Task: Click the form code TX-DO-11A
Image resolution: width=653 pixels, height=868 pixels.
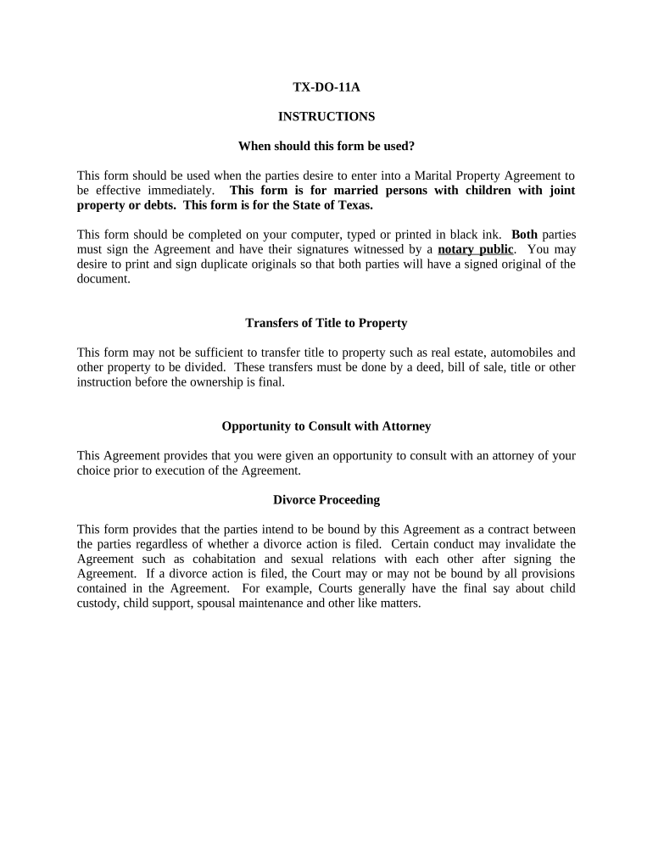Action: coord(326,86)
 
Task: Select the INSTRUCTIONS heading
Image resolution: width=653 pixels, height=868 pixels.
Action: coord(326,116)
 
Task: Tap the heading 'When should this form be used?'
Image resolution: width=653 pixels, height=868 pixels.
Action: coord(326,146)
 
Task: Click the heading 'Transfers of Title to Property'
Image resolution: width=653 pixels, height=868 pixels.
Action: coord(326,323)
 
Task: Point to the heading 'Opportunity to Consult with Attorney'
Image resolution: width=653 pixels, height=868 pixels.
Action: coord(326,426)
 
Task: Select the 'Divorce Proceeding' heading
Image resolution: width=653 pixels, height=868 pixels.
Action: coord(326,500)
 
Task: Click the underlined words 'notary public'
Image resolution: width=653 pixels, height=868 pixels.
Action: coord(475,249)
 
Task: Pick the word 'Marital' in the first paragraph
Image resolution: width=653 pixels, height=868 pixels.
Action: coord(427,175)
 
